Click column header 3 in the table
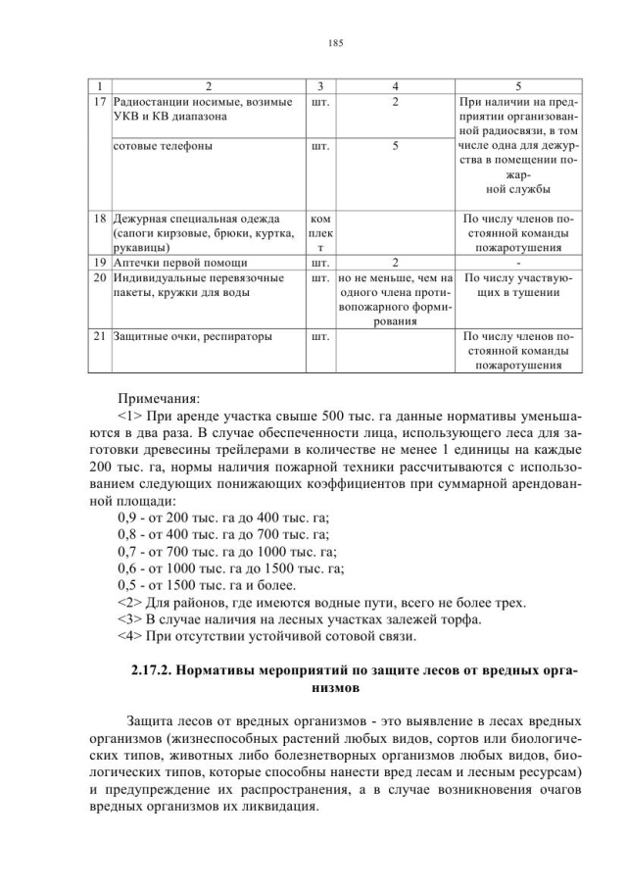point(319,86)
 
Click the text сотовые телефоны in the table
point(163,145)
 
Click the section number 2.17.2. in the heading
point(162,671)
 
